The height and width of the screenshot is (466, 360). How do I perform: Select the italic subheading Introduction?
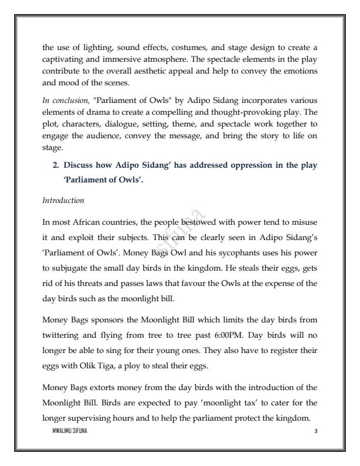tap(63, 201)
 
